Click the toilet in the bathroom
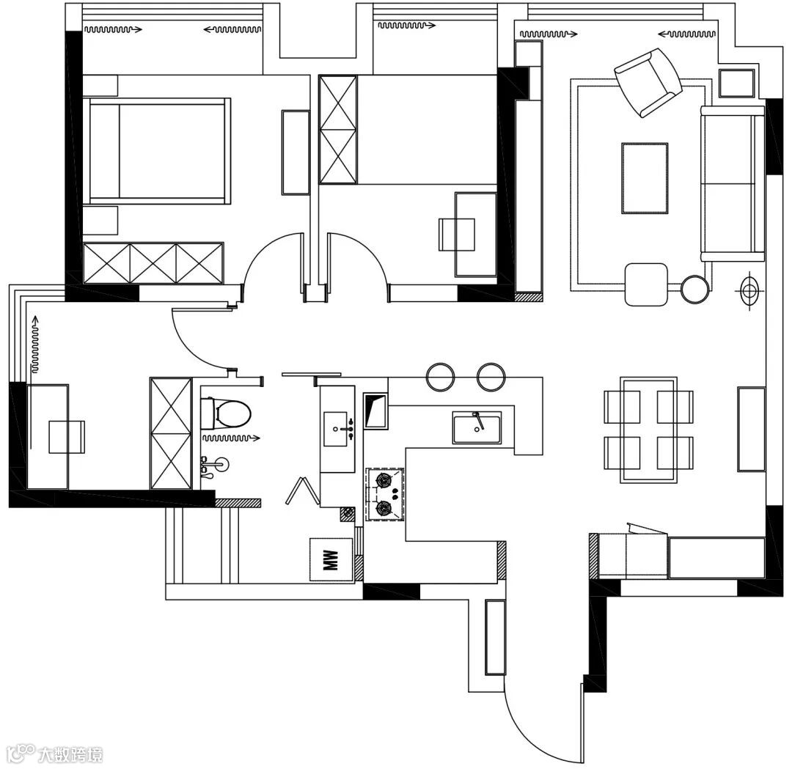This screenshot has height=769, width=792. coord(227,413)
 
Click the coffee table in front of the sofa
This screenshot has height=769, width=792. coord(645,178)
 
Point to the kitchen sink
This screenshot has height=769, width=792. coord(477,427)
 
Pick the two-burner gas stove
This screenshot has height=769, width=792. coord(385,494)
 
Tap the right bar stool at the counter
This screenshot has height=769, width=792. coord(491,376)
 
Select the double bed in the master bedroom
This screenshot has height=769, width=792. coord(158,152)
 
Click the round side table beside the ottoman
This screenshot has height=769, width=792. coord(694,289)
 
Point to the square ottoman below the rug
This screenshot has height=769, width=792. coord(646,284)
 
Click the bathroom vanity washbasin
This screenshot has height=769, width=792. coord(340,427)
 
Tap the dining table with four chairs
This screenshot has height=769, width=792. coord(648,430)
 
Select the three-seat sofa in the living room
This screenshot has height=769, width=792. coord(732,183)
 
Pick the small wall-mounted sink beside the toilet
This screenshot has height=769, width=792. coord(213,465)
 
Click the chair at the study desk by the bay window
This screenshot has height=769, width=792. coord(66,437)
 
